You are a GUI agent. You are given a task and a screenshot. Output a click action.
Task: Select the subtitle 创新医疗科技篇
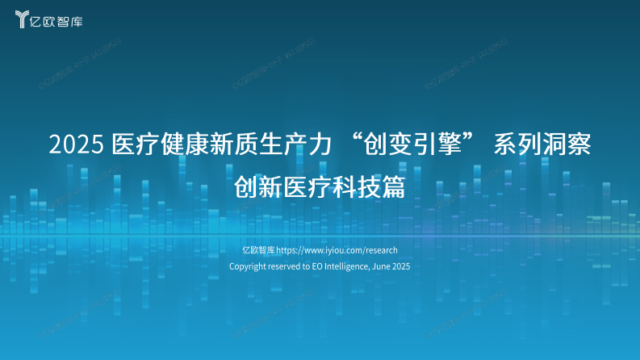[319, 188]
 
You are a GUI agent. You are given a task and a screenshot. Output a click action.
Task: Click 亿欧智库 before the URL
[259, 250]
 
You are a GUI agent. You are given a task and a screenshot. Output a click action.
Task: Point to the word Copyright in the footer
[248, 266]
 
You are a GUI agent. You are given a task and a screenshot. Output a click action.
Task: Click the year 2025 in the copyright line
[402, 266]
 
